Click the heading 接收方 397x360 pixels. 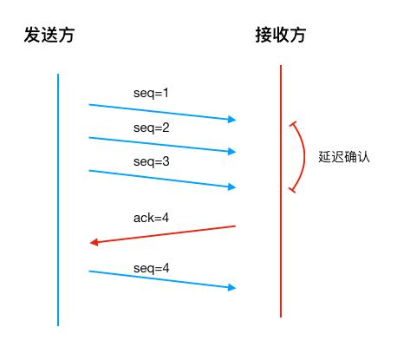click(280, 36)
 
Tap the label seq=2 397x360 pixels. click(152, 128)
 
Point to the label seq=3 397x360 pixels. click(152, 161)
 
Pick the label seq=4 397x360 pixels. click(152, 268)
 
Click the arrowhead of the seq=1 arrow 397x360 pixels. click(232, 120)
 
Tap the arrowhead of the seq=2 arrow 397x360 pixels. click(232, 152)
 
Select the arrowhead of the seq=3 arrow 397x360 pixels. click(232, 186)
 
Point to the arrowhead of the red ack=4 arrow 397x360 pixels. click(94, 242)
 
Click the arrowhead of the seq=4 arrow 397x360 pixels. click(232, 287)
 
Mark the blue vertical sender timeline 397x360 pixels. click(58, 200)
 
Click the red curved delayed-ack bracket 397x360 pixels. click(304, 156)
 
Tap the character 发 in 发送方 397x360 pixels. click(33, 36)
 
